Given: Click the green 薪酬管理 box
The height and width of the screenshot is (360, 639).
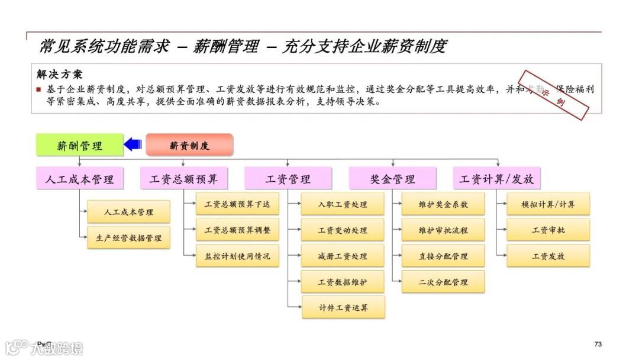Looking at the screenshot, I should pyautogui.click(x=79, y=145).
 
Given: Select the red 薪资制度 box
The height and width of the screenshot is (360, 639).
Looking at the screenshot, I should pyautogui.click(x=189, y=145).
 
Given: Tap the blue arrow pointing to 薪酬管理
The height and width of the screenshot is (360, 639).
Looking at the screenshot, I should pyautogui.click(x=132, y=144).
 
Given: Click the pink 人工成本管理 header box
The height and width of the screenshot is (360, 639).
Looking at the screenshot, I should pyautogui.click(x=79, y=179).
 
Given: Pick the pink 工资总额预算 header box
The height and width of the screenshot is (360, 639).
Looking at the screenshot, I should pyautogui.click(x=184, y=179).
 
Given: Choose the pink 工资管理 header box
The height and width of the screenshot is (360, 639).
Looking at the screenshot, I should pyautogui.click(x=288, y=179).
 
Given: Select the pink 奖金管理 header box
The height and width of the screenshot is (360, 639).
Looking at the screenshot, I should pyautogui.click(x=393, y=179).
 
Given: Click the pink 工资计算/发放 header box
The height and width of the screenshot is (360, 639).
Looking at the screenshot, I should pyautogui.click(x=497, y=179).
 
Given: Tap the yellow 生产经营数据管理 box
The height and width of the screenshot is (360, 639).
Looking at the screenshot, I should pyautogui.click(x=129, y=238).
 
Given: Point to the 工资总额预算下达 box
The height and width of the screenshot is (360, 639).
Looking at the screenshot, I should pyautogui.click(x=237, y=204).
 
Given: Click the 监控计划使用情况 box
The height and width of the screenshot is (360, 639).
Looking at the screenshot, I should pyautogui.click(x=237, y=256).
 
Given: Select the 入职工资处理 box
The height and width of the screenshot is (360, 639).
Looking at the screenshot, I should pyautogui.click(x=343, y=204).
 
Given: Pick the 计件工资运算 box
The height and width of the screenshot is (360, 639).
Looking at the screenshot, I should pyautogui.click(x=343, y=308).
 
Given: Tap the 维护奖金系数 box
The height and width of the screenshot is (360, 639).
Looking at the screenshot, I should pyautogui.click(x=443, y=204).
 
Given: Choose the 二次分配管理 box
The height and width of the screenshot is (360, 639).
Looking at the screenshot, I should pyautogui.click(x=443, y=282).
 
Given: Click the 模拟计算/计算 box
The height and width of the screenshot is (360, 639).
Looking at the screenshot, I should pyautogui.click(x=548, y=204).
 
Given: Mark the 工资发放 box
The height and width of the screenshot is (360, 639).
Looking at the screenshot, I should pyautogui.click(x=548, y=256).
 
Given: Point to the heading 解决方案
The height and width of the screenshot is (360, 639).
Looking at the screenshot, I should pyautogui.click(x=60, y=75).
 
